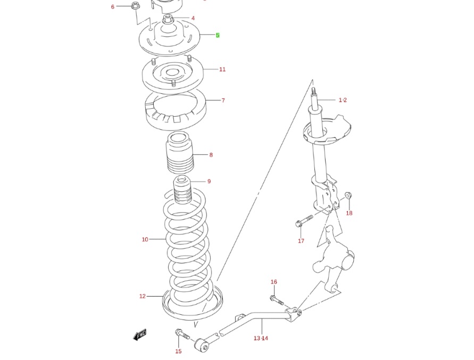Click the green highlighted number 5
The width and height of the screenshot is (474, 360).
[x=218, y=35]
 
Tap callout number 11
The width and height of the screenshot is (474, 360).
[x=222, y=69]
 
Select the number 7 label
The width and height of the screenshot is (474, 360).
[x=223, y=100]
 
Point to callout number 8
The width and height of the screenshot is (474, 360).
[x=211, y=155]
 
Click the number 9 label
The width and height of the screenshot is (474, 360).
[x=209, y=182]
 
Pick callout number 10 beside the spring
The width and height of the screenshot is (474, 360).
[x=145, y=240]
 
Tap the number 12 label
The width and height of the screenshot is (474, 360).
[x=142, y=296]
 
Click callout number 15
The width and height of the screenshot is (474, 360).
[x=178, y=351]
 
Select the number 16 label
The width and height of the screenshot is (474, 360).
[x=274, y=282]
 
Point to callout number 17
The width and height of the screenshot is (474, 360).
[x=301, y=241]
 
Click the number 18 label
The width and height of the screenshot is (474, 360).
[x=349, y=214]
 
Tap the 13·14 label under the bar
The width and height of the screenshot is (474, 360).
[x=261, y=338]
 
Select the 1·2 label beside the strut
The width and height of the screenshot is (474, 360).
[x=343, y=100]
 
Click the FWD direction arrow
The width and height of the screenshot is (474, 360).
[x=140, y=335]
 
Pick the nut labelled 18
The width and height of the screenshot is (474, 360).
[x=347, y=195]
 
